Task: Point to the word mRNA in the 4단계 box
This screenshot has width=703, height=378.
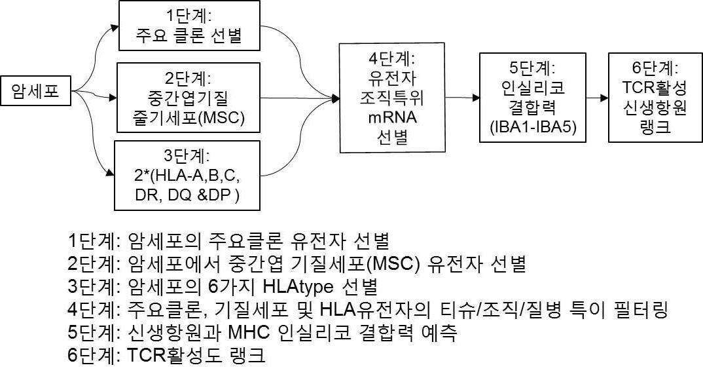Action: coord(392,117)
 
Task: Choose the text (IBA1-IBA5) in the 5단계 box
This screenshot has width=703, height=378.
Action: coord(533,127)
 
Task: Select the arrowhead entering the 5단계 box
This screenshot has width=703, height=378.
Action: coord(476,98)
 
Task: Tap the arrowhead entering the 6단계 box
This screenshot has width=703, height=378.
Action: coord(604,98)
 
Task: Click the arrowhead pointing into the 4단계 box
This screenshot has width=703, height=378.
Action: coord(335,98)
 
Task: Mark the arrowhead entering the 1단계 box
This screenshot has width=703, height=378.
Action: coord(115,28)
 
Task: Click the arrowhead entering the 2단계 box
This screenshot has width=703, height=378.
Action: coord(113,98)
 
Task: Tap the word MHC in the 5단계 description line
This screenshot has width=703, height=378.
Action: coord(249,332)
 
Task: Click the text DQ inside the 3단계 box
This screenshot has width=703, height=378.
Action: coord(179,195)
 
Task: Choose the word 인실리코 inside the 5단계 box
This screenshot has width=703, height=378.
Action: coord(533,88)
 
